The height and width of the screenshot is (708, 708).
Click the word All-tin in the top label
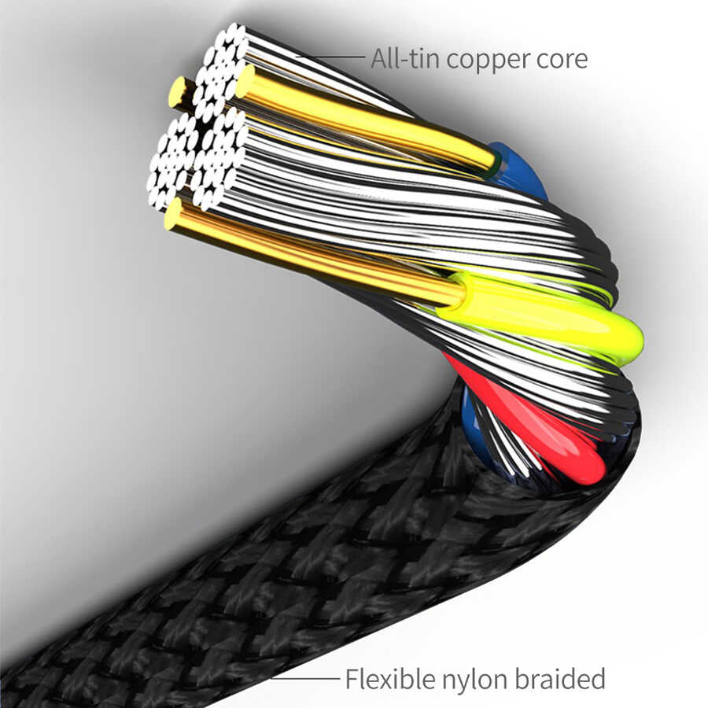point(400,58)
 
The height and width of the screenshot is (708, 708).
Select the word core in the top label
point(561,58)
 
